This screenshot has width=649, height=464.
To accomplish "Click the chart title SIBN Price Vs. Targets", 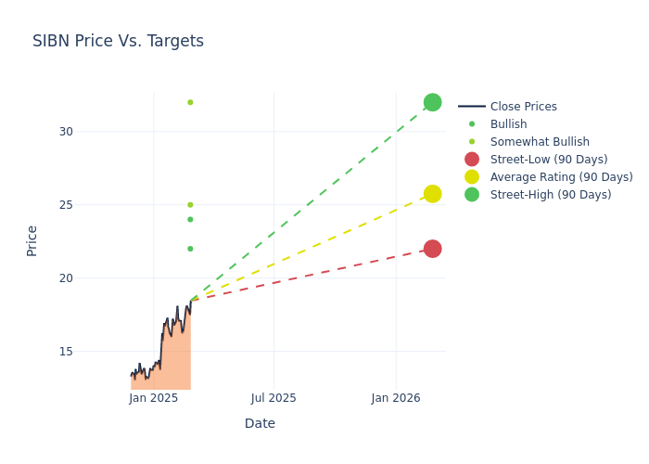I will tap(118, 42).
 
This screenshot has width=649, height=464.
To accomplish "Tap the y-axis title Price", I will tap(32, 240).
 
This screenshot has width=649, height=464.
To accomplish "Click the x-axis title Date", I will tap(260, 424).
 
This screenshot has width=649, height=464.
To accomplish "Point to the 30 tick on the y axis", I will tap(65, 132).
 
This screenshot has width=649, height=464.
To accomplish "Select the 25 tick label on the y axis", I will tap(65, 205).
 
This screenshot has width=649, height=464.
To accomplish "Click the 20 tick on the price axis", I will tap(65, 278).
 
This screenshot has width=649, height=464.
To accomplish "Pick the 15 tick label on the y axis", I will tap(65, 352).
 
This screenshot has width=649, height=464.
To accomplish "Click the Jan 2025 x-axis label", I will tap(154, 398).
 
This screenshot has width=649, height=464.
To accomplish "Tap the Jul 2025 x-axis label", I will tap(274, 398).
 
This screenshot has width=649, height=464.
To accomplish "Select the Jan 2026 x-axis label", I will tap(396, 398).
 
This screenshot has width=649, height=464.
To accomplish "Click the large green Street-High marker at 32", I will tap(432, 102).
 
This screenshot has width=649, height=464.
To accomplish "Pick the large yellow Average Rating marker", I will tap(432, 194).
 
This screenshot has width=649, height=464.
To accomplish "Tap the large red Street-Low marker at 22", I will tap(432, 249).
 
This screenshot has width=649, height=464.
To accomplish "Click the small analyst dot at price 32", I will tap(190, 102).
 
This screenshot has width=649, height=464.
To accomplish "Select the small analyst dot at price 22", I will tap(190, 249).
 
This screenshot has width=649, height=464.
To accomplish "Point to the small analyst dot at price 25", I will tap(190, 205).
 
